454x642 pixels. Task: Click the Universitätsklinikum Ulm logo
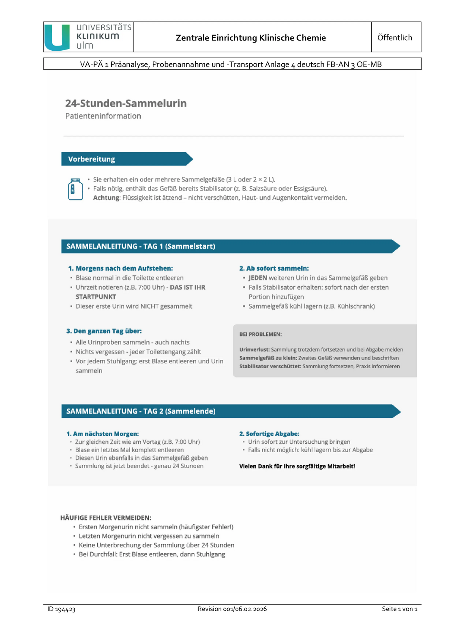click(x=88, y=37)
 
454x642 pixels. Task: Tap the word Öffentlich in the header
click(x=394, y=38)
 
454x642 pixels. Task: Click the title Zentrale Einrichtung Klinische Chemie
click(x=251, y=38)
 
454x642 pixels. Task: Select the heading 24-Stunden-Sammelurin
click(x=126, y=103)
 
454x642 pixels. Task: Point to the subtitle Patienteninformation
click(x=103, y=116)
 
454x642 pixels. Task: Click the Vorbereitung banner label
click(x=92, y=159)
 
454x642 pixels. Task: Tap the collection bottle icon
click(x=75, y=189)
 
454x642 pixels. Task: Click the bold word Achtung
click(x=107, y=198)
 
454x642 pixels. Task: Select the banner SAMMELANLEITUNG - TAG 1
click(x=141, y=246)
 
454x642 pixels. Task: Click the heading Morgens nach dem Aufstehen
click(x=121, y=268)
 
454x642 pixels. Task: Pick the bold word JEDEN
click(x=258, y=278)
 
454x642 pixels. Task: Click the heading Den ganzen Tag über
click(x=104, y=331)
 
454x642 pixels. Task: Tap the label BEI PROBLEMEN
click(x=260, y=334)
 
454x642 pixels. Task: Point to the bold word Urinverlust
click(x=254, y=350)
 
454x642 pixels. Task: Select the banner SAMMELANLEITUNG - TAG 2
click(x=141, y=411)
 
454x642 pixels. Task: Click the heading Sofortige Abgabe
click(x=269, y=434)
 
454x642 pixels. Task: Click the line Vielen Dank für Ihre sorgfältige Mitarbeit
click(x=297, y=466)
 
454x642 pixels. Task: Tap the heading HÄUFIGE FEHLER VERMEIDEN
click(x=105, y=518)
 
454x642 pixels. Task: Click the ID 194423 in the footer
click(x=61, y=609)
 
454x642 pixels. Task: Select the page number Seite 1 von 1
click(x=399, y=609)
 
